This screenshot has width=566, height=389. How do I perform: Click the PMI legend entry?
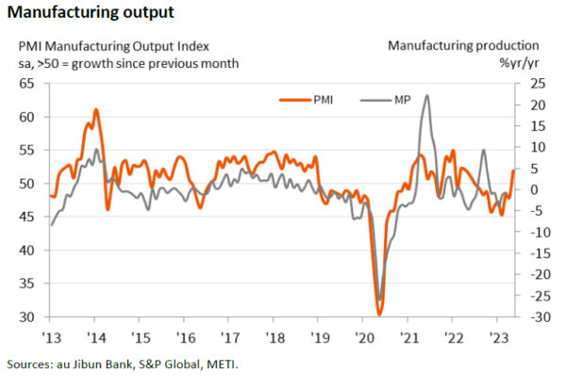(322, 97)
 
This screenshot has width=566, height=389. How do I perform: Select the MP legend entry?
(400, 97)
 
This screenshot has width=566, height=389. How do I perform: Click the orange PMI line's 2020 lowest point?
(379, 314)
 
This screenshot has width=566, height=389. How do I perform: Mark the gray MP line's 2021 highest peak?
(427, 95)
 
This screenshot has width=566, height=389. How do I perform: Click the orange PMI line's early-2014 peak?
(95, 110)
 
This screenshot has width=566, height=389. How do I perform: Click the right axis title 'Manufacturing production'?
(463, 45)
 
